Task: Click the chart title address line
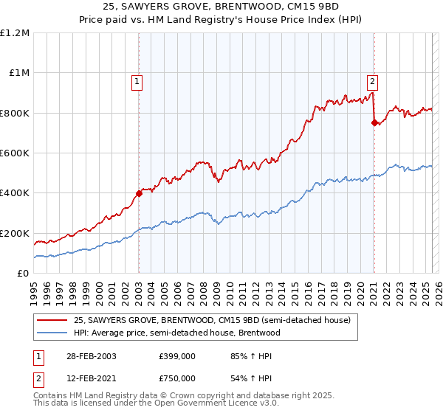(x=221, y=7)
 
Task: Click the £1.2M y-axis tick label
(x=16, y=33)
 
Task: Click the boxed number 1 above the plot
(x=137, y=82)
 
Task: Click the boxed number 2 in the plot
(x=373, y=82)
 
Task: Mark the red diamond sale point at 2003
(x=139, y=194)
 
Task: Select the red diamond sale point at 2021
(x=374, y=123)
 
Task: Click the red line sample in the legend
(x=52, y=320)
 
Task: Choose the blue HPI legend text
(x=176, y=333)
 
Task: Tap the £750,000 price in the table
(x=177, y=378)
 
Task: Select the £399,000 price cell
(x=177, y=356)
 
